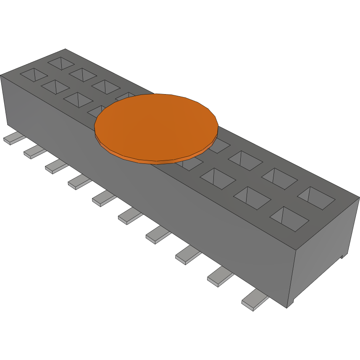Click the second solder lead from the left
tap(34, 152)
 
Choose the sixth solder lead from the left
tap(130, 216)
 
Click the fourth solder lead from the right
tap(158, 235)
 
